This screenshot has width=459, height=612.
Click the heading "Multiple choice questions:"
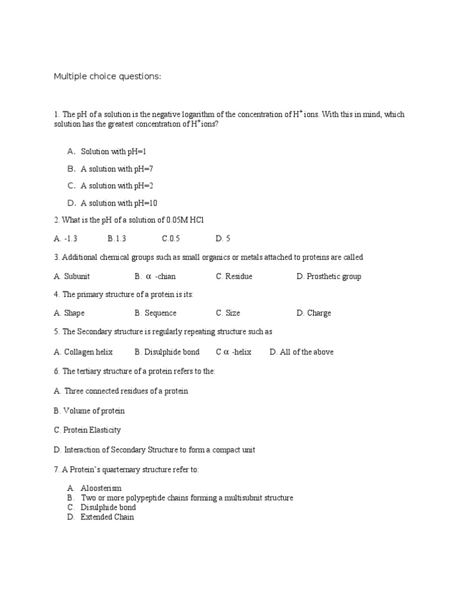108,76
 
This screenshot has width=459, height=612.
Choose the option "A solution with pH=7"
117,169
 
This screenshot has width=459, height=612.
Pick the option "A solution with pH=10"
119,203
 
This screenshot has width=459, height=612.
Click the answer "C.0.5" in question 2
171,238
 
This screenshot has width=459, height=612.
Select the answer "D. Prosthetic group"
329,277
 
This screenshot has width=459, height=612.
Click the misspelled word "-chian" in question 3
165,277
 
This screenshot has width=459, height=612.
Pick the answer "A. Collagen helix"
83,352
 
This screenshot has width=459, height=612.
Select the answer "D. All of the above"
301,352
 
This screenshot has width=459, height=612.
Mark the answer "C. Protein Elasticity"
87,430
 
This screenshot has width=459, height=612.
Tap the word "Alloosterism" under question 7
101,488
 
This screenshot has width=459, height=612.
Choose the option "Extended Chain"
108,517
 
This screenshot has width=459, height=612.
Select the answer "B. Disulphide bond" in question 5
167,352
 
